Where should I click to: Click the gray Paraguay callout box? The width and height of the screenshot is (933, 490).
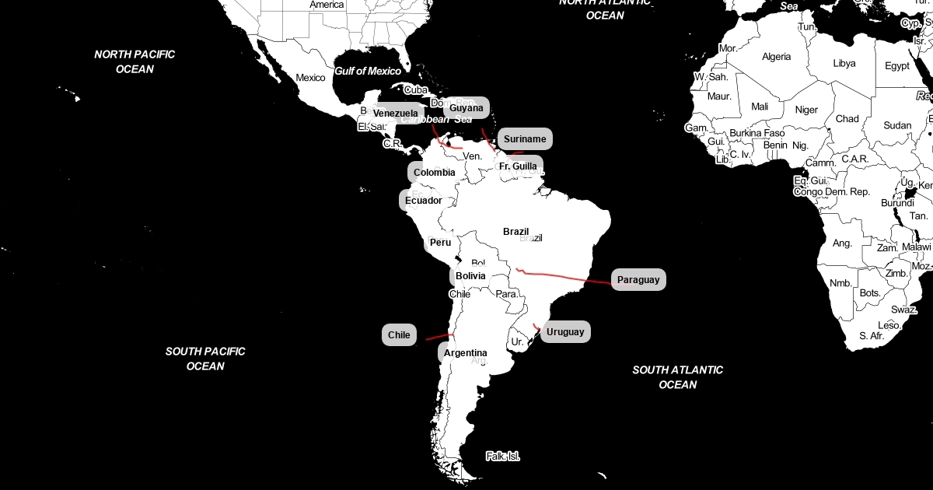click(x=638, y=279)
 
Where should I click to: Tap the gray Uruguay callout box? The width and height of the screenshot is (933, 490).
click(x=564, y=332)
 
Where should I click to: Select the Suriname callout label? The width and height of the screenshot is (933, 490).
click(x=525, y=139)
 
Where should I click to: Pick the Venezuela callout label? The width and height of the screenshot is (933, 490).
click(x=395, y=114)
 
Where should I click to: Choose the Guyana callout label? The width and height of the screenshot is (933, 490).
click(x=466, y=108)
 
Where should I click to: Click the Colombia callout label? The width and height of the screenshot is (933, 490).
click(x=434, y=173)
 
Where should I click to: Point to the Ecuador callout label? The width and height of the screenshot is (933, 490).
click(x=423, y=201)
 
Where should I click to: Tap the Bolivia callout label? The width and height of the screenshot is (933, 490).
click(x=470, y=276)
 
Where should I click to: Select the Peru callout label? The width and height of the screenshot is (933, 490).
click(x=440, y=243)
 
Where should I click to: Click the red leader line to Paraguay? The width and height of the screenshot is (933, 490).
click(x=568, y=276)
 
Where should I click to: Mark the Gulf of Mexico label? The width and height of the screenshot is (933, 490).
click(x=368, y=72)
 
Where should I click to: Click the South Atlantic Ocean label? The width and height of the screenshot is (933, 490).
click(x=677, y=377)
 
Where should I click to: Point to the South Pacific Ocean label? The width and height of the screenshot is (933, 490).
click(x=205, y=359)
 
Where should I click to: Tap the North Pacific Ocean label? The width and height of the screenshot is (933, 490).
click(x=135, y=61)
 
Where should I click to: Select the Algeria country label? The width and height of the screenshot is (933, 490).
click(x=776, y=57)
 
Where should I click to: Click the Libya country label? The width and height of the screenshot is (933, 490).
click(x=844, y=64)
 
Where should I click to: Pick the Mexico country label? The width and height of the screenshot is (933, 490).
click(x=310, y=78)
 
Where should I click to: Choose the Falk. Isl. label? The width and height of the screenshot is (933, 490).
click(x=502, y=457)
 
